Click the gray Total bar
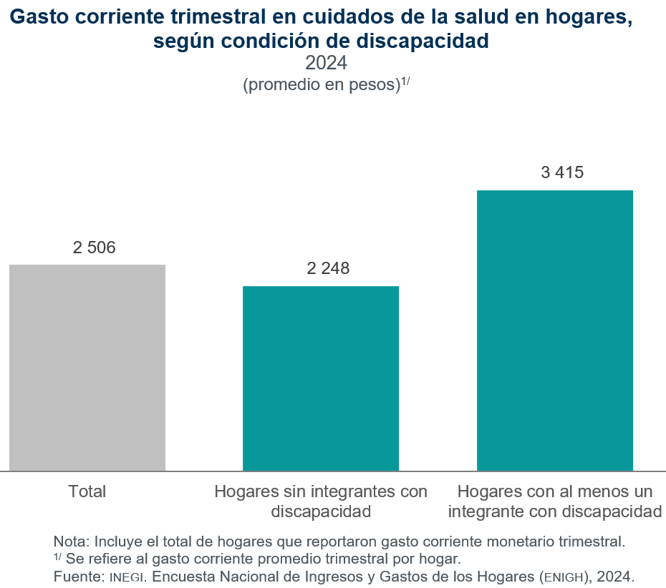click(87, 368)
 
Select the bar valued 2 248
click(321, 378)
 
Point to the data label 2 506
click(94, 248)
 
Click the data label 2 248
click(328, 269)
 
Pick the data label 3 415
click(562, 172)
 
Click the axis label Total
click(87, 491)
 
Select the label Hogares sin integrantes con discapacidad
click(321, 501)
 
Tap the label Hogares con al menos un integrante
click(555, 501)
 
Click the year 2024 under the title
click(326, 63)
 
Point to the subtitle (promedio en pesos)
click(321, 84)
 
